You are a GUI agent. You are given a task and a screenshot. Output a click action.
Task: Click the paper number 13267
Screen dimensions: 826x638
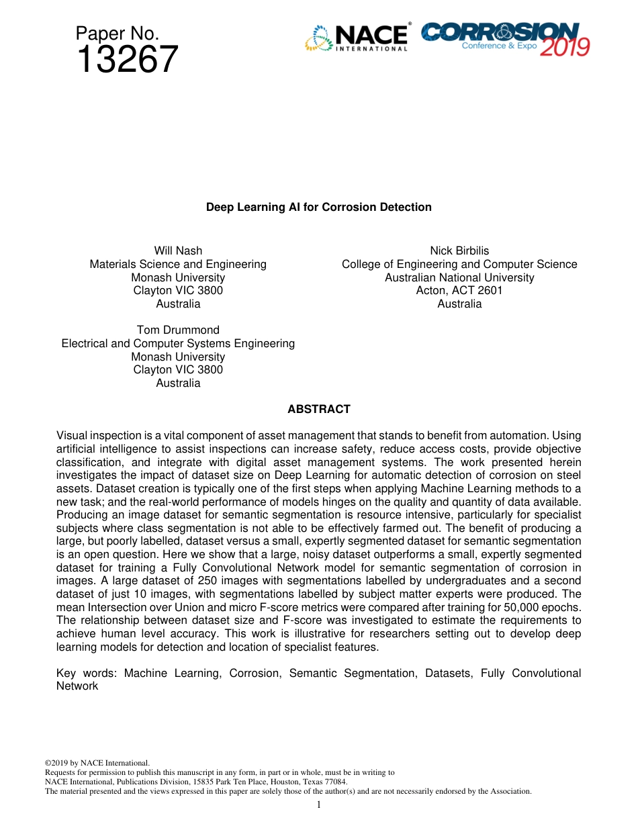(x=128, y=60)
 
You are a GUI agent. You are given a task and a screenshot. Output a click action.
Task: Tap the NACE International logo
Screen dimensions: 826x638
(x=357, y=38)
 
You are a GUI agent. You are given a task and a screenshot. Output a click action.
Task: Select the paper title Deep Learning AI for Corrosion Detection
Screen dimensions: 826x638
(x=318, y=207)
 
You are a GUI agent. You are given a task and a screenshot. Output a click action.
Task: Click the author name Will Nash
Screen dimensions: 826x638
(x=178, y=251)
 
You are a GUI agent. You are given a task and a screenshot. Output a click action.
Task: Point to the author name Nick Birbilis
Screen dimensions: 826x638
(x=459, y=251)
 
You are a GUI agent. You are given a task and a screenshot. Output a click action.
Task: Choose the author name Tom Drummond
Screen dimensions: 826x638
(x=178, y=330)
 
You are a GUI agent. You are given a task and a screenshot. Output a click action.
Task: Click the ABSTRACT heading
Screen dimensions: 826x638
(x=318, y=409)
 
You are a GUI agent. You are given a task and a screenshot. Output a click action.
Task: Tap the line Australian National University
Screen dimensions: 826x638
(x=459, y=277)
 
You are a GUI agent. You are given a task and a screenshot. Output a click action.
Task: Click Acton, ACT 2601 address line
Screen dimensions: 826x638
(x=459, y=290)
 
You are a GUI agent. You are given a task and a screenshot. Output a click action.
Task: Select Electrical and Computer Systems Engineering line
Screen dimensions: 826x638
(x=178, y=343)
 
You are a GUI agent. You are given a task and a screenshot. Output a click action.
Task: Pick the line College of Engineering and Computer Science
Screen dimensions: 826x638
(x=459, y=264)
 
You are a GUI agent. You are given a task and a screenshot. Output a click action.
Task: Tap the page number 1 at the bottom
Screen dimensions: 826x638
(x=319, y=805)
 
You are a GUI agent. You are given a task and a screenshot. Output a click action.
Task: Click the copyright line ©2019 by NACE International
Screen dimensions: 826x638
(x=97, y=763)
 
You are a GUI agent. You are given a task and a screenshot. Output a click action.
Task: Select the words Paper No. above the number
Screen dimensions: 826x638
(x=117, y=33)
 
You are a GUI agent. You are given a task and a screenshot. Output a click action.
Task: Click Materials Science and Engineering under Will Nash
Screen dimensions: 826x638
(x=178, y=264)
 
